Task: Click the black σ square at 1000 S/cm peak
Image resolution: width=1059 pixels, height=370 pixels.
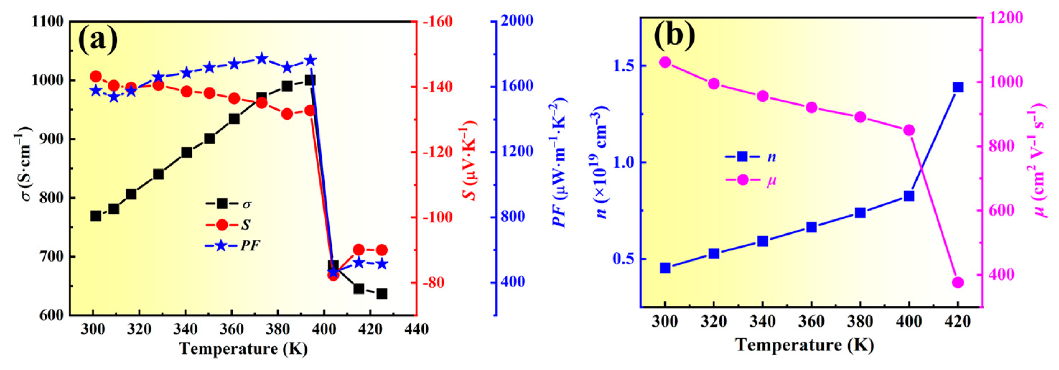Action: [311, 80]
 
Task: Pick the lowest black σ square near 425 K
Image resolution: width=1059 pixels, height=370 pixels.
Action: [382, 294]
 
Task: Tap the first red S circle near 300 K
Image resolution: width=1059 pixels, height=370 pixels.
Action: [96, 77]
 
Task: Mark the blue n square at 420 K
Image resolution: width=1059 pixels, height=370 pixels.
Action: [958, 87]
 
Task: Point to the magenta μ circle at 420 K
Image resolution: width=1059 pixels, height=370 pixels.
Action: [958, 282]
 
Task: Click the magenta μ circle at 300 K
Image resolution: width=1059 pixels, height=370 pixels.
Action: [665, 63]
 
